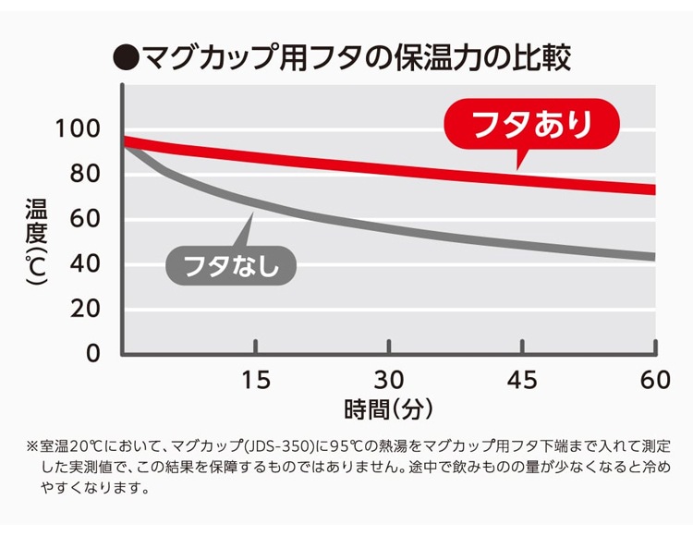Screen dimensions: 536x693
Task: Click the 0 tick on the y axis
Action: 92,353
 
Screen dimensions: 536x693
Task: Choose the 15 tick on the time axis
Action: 256,380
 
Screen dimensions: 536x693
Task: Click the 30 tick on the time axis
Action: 389,380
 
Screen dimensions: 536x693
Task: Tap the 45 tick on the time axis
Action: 522,380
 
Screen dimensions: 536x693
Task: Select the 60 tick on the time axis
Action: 655,380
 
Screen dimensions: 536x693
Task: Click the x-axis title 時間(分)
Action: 388,408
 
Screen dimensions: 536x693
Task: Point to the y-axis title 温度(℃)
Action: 36,242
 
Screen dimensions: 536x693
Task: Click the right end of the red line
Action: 652,189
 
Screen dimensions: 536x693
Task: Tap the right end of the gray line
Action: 652,257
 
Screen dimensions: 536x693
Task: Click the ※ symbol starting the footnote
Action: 33,445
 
